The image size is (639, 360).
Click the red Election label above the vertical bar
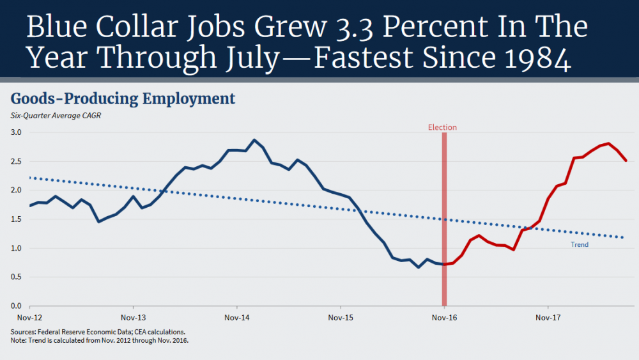(x=442, y=127)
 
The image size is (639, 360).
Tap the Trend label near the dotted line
(x=580, y=244)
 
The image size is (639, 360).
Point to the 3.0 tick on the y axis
(x=17, y=132)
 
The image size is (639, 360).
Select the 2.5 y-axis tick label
(x=17, y=161)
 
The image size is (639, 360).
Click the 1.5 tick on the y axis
(x=17, y=219)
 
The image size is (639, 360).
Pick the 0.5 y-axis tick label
(x=17, y=277)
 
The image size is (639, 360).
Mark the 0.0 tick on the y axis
(x=17, y=306)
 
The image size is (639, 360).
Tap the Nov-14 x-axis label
(x=236, y=317)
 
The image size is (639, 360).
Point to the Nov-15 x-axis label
(x=340, y=317)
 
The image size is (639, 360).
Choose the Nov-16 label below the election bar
(x=444, y=317)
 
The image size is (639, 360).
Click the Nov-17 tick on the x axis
(x=548, y=317)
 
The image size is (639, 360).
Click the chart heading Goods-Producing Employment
(x=123, y=99)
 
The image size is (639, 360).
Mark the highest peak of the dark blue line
(x=254, y=140)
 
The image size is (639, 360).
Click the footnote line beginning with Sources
(x=98, y=332)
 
